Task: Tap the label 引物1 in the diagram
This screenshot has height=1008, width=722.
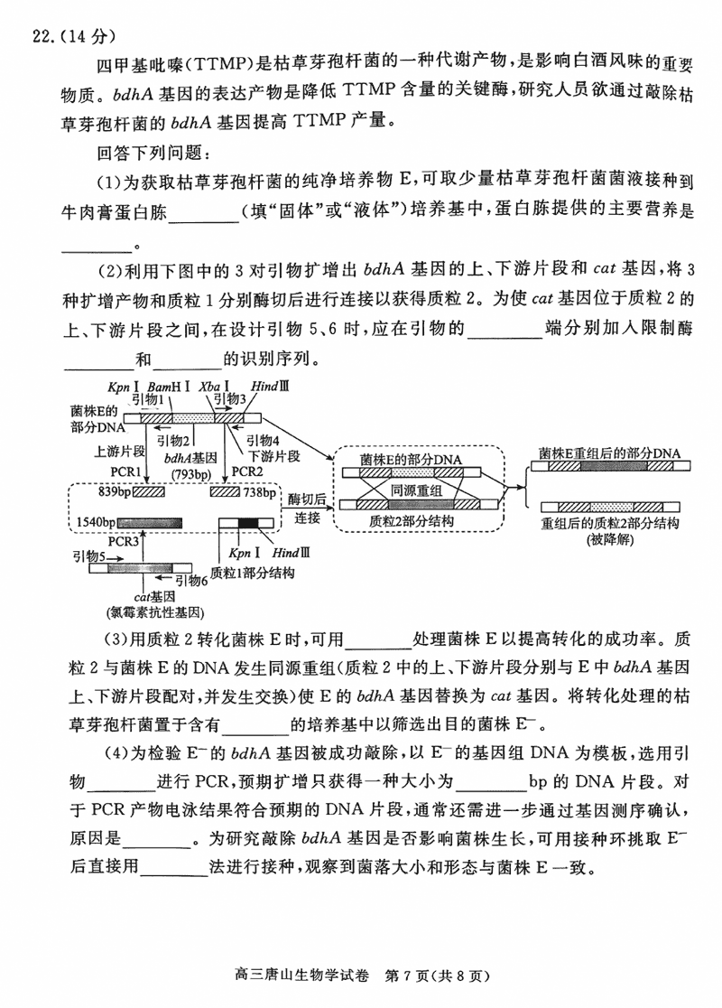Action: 147,398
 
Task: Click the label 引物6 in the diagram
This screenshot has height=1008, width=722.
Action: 190,581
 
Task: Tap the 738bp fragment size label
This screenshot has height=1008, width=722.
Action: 258,492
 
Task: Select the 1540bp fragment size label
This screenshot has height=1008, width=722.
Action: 95,523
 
